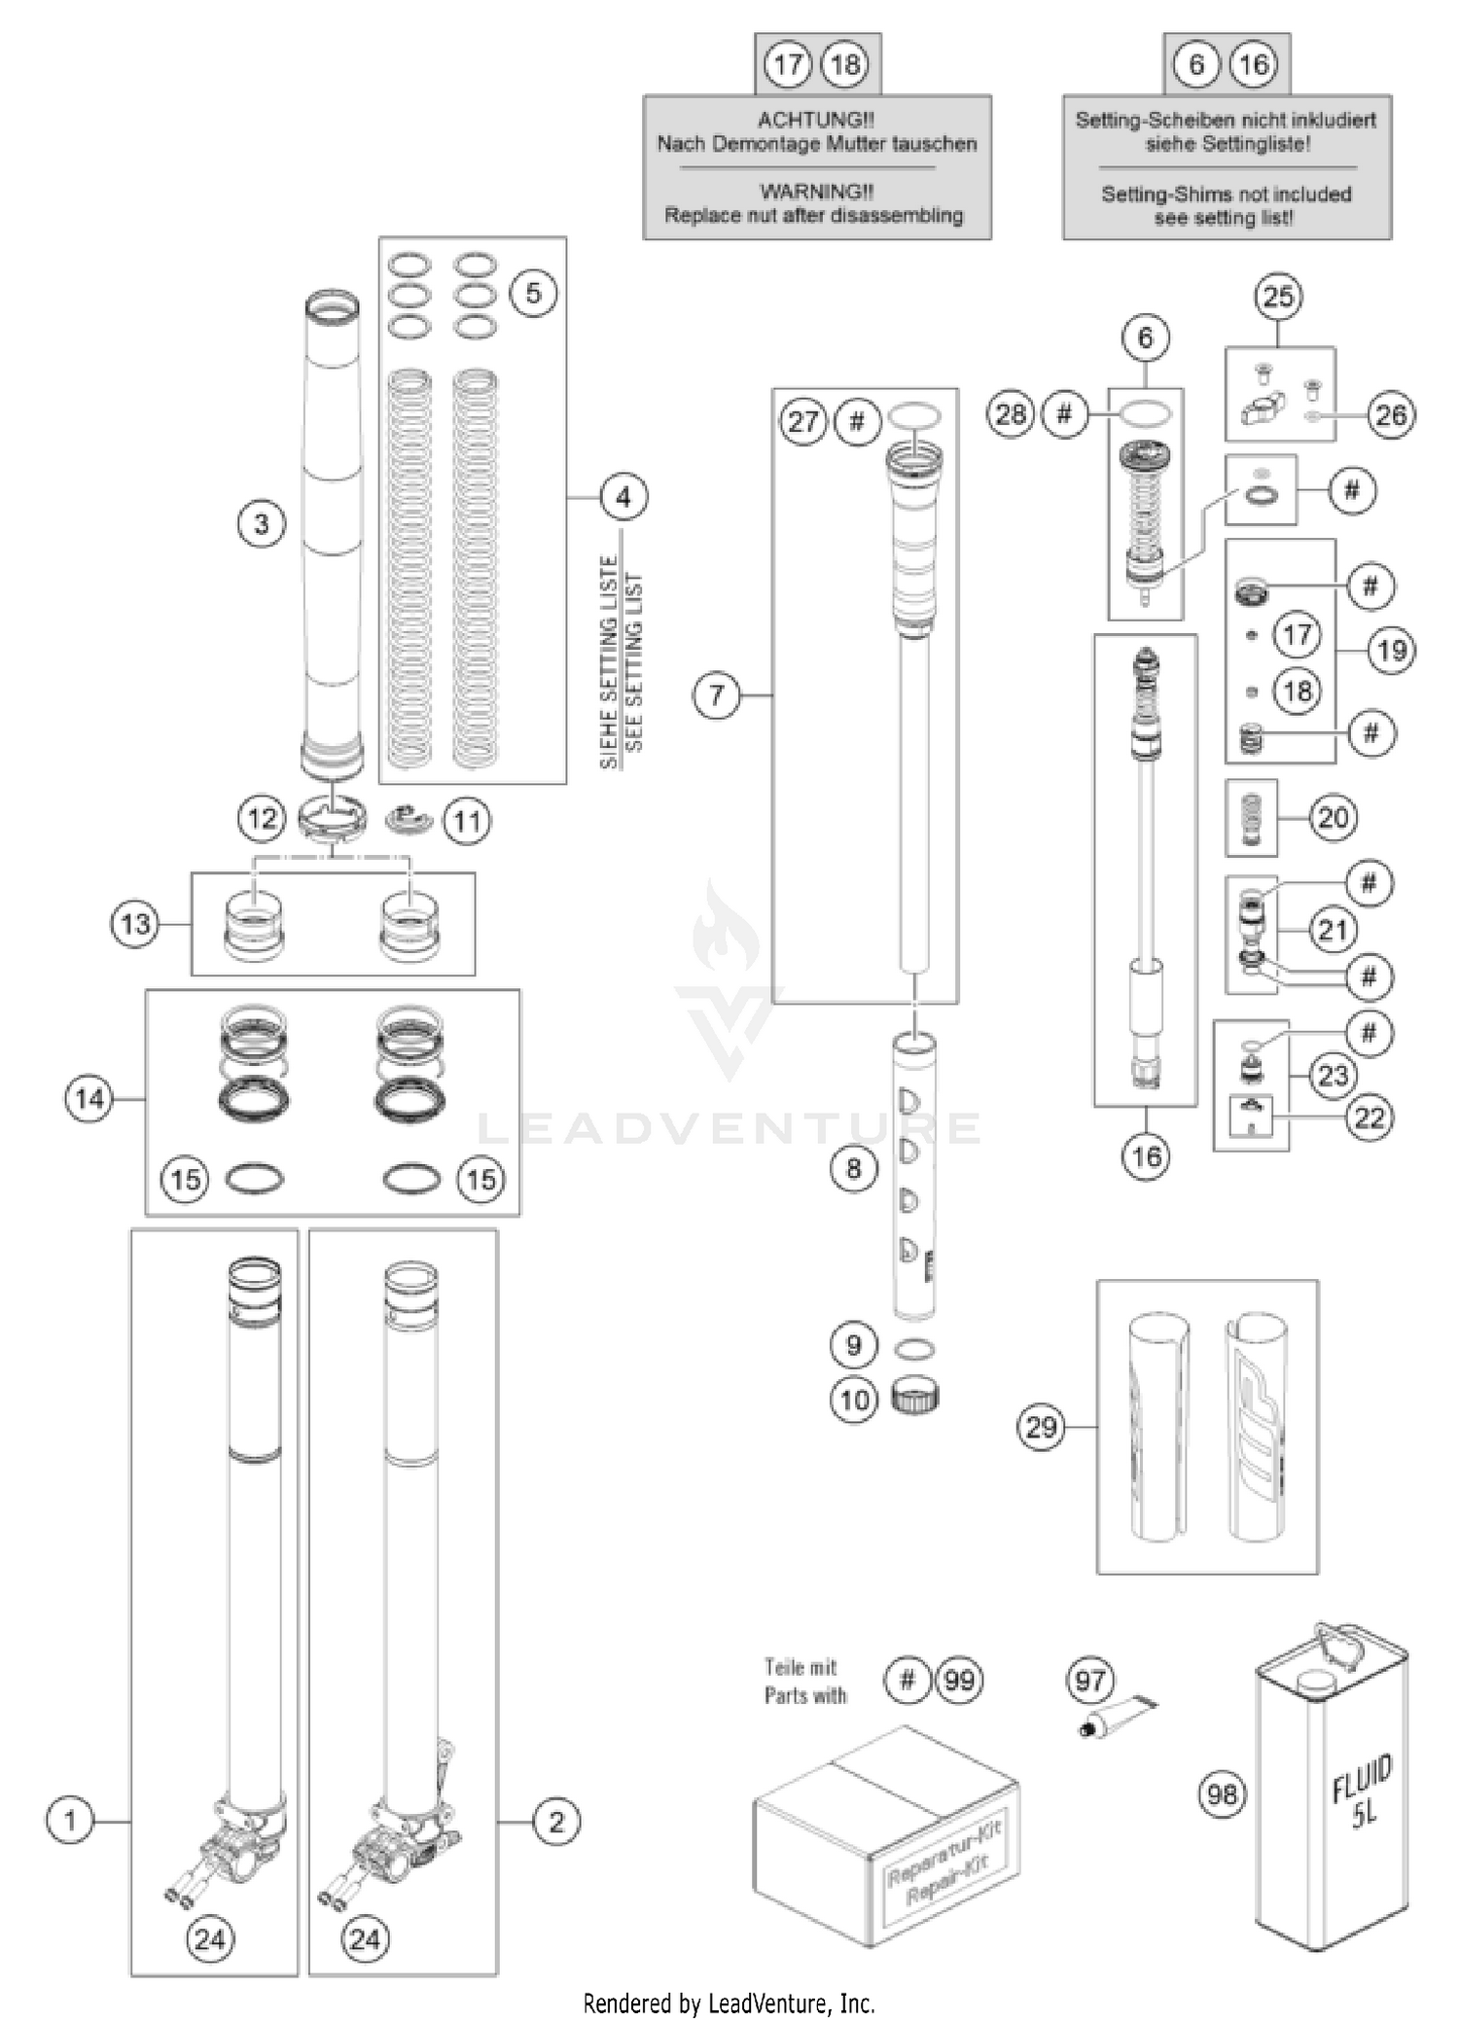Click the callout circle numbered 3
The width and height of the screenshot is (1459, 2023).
(x=261, y=524)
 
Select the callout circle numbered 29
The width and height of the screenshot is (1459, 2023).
(x=1041, y=1427)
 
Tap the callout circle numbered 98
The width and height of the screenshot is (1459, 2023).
(x=1222, y=1792)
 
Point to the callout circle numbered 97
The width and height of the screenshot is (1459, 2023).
(x=1089, y=1680)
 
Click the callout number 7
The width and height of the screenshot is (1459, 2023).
(x=717, y=695)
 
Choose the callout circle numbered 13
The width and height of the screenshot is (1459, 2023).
(x=135, y=923)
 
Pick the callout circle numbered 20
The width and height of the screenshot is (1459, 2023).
(x=1333, y=817)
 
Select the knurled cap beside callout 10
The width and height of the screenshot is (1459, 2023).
(x=915, y=1399)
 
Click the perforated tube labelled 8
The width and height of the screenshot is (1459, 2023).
(x=914, y=1177)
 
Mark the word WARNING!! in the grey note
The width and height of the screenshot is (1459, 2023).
(x=816, y=192)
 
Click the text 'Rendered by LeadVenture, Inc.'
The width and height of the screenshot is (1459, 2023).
(x=729, y=2004)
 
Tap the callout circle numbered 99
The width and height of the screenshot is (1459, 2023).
(x=959, y=1680)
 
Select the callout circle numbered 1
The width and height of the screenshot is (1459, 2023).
(x=70, y=1820)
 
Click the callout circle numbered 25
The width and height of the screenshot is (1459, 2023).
(x=1278, y=297)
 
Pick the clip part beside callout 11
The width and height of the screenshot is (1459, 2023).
(x=409, y=820)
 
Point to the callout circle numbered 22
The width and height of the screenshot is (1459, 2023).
(x=1370, y=1118)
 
